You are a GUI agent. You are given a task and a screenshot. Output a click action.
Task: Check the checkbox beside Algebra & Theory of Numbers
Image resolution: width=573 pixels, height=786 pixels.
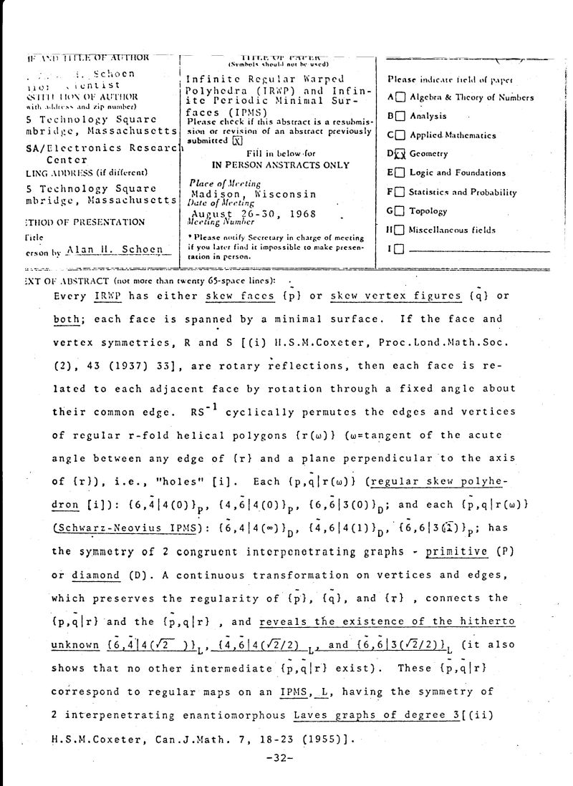coord(400,97)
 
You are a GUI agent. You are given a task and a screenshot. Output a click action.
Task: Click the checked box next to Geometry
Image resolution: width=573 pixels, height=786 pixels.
coord(400,154)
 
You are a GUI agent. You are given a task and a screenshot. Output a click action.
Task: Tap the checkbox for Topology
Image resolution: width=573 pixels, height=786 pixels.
coord(400,211)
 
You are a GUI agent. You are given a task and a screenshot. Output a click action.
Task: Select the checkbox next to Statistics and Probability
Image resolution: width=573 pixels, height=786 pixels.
coord(400,192)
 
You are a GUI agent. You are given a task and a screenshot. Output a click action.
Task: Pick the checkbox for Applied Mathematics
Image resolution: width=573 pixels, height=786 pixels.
coord(400,135)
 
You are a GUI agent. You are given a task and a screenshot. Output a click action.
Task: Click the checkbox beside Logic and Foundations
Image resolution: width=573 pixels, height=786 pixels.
coord(400,173)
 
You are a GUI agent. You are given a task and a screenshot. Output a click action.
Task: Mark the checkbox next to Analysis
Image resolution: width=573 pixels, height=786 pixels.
coord(400,116)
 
